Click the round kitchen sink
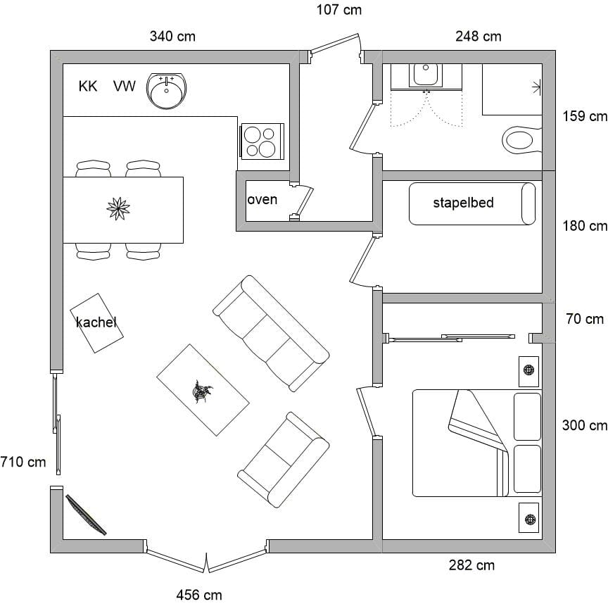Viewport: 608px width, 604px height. [x=166, y=90]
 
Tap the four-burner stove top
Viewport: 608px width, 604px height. [x=262, y=141]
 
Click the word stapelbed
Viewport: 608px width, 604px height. [x=463, y=203]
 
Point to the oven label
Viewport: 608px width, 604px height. [x=262, y=200]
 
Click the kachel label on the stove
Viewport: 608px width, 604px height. [x=96, y=322]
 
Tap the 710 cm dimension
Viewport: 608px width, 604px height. [x=23, y=462]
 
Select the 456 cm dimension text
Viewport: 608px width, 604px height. [x=199, y=595]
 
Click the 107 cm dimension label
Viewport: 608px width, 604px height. [x=339, y=10]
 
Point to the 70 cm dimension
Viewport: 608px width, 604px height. [x=585, y=319]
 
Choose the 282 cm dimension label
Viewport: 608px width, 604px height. [x=472, y=565]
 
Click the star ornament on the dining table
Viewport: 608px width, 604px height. [x=118, y=208]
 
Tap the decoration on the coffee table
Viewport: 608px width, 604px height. [x=203, y=392]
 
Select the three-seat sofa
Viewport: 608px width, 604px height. [x=271, y=333]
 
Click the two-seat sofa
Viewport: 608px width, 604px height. [x=284, y=460]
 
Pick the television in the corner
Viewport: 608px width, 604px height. [x=86, y=515]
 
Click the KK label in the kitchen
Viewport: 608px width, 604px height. [x=88, y=86]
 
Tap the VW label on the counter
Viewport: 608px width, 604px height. [x=125, y=86]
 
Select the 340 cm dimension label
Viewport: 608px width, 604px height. [x=172, y=37]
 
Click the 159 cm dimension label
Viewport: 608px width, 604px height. [x=585, y=116]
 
